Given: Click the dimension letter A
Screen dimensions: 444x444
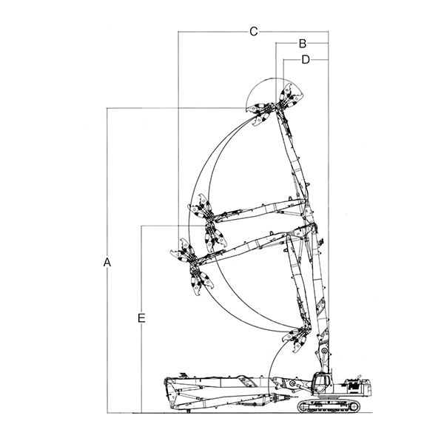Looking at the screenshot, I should coord(107,262).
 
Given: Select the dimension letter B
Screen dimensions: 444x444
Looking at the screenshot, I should coord(303,44).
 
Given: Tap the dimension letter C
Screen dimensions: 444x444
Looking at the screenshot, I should coord(253,31).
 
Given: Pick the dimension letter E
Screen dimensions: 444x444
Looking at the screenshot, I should coord(141,318).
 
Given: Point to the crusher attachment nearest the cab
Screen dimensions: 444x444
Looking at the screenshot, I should coord(297,338).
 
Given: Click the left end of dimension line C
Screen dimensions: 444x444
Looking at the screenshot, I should coord(178,32).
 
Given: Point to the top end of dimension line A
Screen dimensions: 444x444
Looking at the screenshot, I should coord(108,109).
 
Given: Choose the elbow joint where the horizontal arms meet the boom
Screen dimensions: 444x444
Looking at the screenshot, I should coord(303,215).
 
